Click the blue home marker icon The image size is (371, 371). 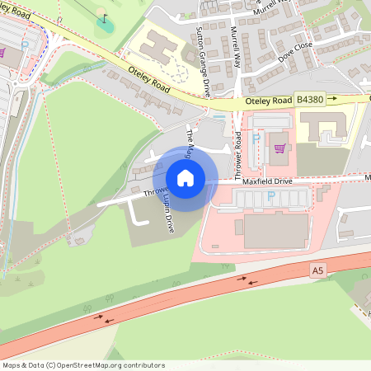[x=185, y=177]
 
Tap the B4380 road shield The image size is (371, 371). [x=311, y=99]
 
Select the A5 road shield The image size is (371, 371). [x=318, y=270]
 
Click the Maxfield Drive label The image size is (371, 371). [x=267, y=181]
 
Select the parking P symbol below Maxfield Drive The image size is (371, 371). [x=270, y=196]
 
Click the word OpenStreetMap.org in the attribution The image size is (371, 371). [x=98, y=365]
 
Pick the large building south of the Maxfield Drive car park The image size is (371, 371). [x=275, y=230]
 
